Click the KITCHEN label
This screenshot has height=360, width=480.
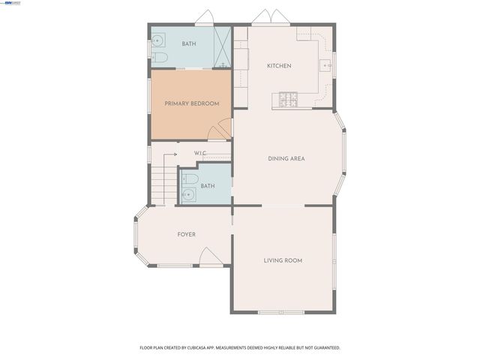[279, 66]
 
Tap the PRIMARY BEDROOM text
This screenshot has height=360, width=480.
[192, 103]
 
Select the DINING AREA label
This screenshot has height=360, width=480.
[286, 158]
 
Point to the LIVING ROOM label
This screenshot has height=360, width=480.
[283, 260]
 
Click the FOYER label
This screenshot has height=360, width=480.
[186, 235]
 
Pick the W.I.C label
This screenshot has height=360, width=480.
[199, 153]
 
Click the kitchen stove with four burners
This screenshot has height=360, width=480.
[289, 98]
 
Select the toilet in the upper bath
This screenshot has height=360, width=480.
[159, 57]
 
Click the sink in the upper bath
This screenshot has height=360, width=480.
[157, 40]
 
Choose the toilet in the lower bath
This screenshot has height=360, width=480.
[190, 180]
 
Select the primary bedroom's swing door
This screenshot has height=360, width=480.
[219, 132]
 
